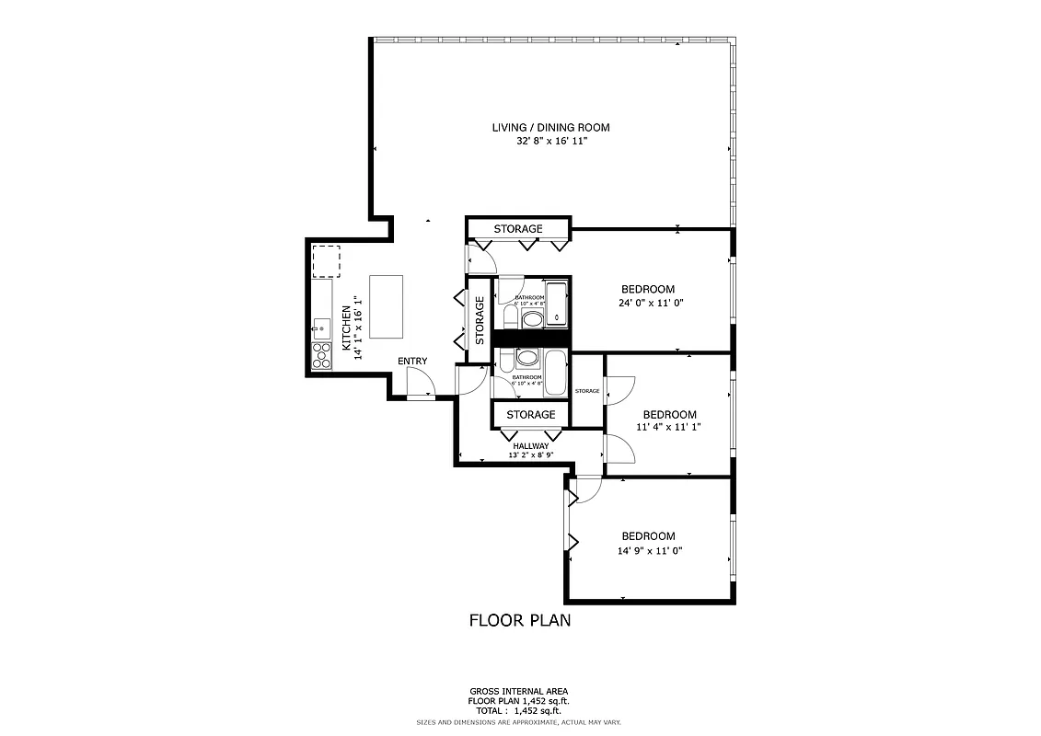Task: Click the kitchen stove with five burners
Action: tap(321, 355)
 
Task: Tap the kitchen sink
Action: tap(321, 326)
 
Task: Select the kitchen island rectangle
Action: tap(387, 304)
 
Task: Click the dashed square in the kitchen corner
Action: tap(326, 261)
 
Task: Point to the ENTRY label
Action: tap(411, 361)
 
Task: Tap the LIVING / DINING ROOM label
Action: tap(550, 128)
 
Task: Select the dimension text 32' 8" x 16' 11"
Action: tap(550, 142)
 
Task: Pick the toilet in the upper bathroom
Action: tap(531, 320)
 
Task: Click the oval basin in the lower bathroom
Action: tap(527, 359)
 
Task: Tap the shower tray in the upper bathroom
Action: tap(558, 305)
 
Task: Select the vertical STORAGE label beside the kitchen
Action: tap(480, 318)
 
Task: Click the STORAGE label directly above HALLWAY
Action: tap(530, 415)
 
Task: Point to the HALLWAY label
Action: tap(530, 446)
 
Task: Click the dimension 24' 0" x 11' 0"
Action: tap(652, 303)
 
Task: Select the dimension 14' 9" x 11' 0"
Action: tap(649, 551)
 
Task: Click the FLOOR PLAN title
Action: tap(520, 620)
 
